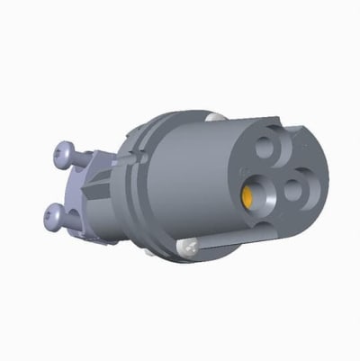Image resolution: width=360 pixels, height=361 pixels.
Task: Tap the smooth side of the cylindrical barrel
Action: click(198, 180)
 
